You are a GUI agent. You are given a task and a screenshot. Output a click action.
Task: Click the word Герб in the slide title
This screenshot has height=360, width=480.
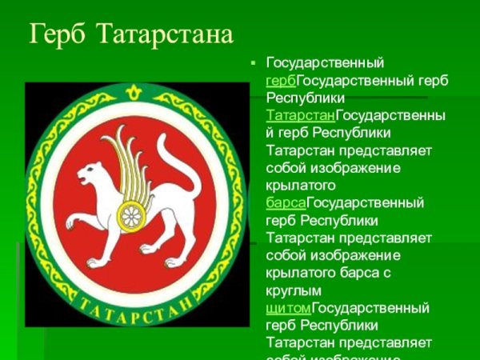(x=58, y=35)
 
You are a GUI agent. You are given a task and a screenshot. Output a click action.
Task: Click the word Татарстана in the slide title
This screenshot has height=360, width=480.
(x=165, y=35)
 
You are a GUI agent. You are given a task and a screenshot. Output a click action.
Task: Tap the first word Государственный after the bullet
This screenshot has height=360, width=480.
(x=325, y=62)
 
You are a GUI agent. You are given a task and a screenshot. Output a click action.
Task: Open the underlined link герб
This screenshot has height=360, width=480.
(x=281, y=81)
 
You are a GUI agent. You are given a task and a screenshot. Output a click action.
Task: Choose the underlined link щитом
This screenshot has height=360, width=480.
(x=287, y=307)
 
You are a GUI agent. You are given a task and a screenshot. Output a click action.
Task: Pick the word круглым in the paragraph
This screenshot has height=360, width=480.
(x=294, y=290)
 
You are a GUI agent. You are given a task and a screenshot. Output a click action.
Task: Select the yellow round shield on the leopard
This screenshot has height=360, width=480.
(x=130, y=213)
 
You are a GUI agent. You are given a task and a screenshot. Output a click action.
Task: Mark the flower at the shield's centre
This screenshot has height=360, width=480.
(x=130, y=213)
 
